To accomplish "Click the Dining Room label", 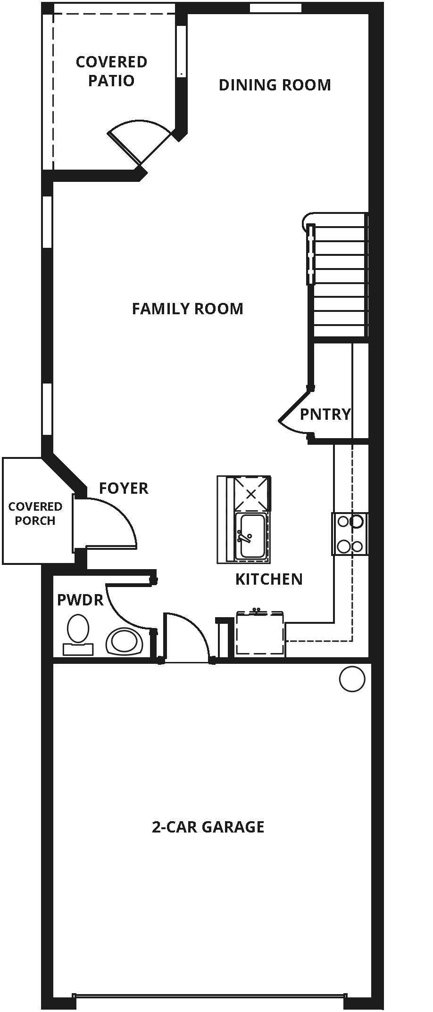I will click(275, 85).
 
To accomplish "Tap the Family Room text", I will click(187, 309).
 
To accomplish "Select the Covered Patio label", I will click(111, 71).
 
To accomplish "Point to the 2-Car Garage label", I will click(208, 827).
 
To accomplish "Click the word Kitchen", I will click(269, 579).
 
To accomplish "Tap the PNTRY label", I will click(325, 414).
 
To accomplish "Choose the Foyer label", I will click(124, 488).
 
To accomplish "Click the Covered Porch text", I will click(35, 514).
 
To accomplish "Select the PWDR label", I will click(80, 600).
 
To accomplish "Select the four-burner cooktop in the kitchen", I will click(350, 534).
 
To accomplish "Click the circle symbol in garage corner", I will click(352, 679).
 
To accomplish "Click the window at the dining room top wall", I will click(275, 8).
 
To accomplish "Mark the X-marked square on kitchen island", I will click(251, 494).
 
